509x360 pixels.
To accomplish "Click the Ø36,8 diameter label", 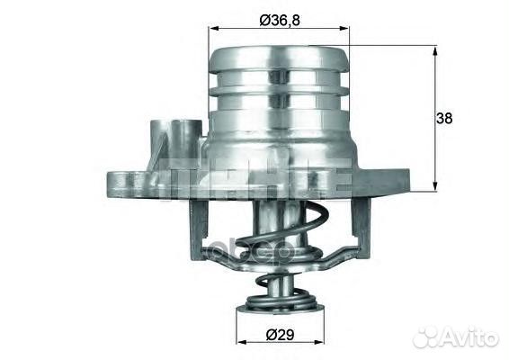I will (279, 20).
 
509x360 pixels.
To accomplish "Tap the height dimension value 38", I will (444, 118).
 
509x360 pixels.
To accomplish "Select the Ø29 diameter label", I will (279, 336).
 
